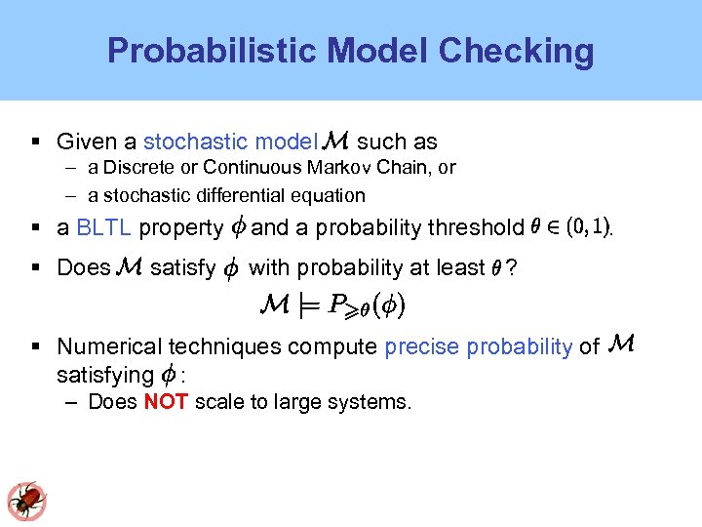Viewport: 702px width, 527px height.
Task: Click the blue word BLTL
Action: coord(103,228)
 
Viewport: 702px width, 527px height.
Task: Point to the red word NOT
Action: coord(166,402)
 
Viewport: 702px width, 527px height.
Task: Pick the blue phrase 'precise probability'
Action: coord(478,345)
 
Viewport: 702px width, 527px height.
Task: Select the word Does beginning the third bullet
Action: coord(84,267)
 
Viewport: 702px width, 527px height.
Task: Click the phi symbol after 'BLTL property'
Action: coord(237,228)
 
